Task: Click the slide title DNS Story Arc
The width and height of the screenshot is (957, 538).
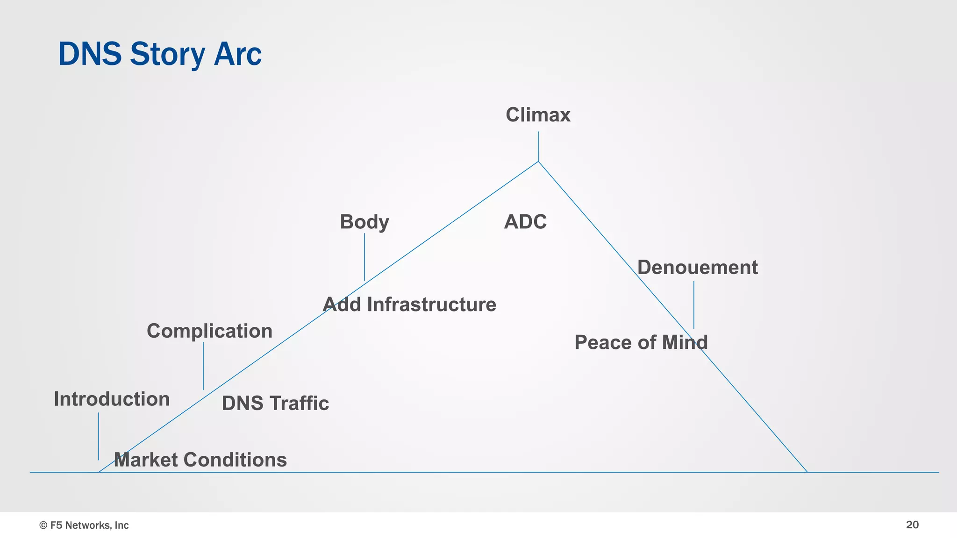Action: point(159,54)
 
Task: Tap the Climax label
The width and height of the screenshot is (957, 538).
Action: point(538,115)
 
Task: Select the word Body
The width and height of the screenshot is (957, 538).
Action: point(364,222)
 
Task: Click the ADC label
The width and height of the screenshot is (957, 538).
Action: point(525,222)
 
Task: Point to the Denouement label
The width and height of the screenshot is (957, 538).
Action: point(697,268)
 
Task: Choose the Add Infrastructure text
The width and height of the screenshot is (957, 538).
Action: point(409,304)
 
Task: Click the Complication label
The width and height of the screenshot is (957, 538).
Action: point(209,331)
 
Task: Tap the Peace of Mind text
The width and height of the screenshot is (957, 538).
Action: point(641,342)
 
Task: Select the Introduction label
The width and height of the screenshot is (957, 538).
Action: point(112,399)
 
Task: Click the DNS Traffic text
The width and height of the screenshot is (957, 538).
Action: point(275,403)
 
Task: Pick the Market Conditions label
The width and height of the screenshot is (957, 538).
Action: point(200,460)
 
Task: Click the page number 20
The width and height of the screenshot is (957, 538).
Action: point(912,525)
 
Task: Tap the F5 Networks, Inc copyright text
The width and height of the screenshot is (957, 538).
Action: point(84,525)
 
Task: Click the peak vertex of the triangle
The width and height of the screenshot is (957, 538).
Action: point(538,162)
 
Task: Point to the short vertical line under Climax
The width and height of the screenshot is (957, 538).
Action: point(538,146)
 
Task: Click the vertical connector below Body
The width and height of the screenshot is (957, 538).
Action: point(364,257)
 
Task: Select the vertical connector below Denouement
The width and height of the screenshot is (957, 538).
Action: point(694,304)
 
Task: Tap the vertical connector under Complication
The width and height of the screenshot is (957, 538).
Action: point(203,366)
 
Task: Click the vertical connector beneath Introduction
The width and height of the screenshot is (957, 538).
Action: point(99,436)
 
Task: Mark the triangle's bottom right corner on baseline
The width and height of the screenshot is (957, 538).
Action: point(807,472)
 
